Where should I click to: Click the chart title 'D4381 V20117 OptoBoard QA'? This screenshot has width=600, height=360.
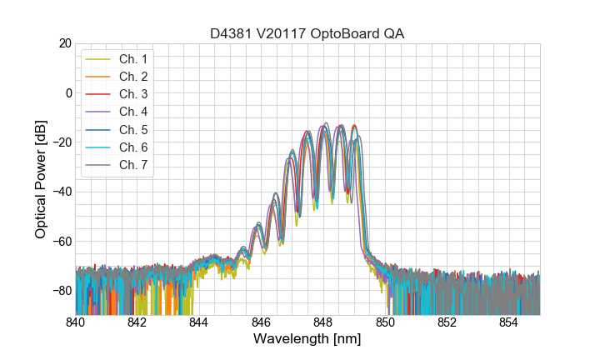pos(307,32)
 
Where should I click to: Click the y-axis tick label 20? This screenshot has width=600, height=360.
pos(64,43)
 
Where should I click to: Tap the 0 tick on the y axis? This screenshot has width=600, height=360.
pos(67,92)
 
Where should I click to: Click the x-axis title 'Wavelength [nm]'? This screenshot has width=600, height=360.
pos(307,340)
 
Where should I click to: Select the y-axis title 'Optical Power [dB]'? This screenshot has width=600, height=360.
pos(40,179)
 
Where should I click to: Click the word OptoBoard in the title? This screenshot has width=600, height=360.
pos(344,32)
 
